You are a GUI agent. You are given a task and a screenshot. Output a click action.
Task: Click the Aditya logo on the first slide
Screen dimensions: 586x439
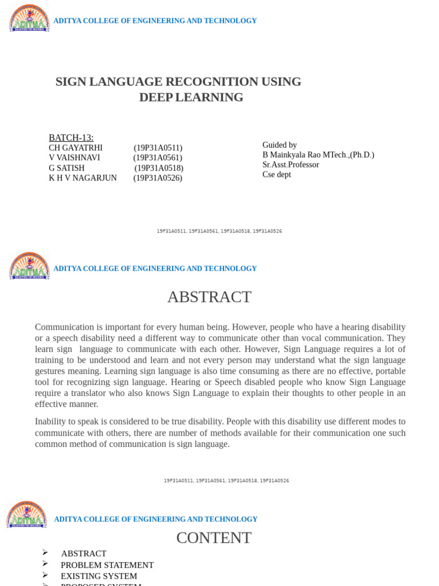click(x=29, y=18)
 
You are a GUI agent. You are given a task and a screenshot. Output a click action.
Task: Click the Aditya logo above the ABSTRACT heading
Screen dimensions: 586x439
click(x=29, y=266)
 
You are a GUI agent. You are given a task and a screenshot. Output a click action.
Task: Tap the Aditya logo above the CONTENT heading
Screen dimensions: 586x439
click(x=27, y=514)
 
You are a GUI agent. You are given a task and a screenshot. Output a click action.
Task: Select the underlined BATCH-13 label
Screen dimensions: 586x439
click(x=71, y=138)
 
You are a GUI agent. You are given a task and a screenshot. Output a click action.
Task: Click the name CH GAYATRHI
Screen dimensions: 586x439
click(x=75, y=148)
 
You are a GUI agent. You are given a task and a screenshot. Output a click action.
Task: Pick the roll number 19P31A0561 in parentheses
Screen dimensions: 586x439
click(x=158, y=158)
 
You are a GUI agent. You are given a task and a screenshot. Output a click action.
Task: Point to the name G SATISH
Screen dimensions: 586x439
click(x=66, y=168)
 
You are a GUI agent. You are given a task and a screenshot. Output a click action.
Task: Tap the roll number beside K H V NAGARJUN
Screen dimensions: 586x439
click(x=158, y=178)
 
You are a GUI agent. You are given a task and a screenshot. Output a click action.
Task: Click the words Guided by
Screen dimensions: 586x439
click(x=280, y=145)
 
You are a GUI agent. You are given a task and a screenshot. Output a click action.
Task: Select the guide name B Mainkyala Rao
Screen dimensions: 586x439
click(x=292, y=155)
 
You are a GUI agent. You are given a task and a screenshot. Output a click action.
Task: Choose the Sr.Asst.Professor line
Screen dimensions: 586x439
click(x=290, y=165)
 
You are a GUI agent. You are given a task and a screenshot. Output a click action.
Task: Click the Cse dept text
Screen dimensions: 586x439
click(x=277, y=175)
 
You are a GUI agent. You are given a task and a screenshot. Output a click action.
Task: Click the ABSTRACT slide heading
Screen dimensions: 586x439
click(x=209, y=297)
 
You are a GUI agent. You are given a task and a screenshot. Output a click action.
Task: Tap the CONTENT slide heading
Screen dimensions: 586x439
click(x=214, y=538)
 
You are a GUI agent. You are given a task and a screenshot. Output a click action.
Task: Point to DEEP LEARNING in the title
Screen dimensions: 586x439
click(x=191, y=97)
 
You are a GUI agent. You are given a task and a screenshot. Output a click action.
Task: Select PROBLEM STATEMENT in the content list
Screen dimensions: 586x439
click(x=107, y=565)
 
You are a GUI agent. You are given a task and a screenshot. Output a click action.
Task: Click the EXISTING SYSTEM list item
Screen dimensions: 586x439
click(x=99, y=576)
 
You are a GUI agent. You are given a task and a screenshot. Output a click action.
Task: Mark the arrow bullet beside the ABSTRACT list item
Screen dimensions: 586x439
click(x=45, y=553)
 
